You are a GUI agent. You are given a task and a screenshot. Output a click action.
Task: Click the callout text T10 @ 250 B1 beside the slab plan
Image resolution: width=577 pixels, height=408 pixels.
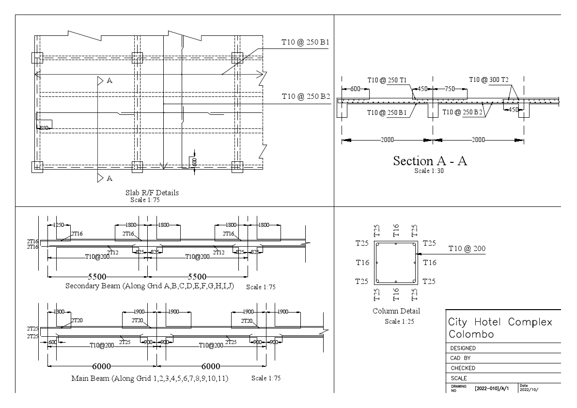point(305,43)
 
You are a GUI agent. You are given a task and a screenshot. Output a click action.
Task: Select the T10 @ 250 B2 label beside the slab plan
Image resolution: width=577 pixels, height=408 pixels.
point(305,97)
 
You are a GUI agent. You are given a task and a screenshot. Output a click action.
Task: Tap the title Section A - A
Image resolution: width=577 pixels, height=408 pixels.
point(430,161)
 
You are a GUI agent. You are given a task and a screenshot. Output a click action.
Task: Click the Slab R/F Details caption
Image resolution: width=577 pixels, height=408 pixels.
point(152,193)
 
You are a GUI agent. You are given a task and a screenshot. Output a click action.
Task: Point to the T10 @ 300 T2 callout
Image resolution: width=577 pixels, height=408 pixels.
point(492,79)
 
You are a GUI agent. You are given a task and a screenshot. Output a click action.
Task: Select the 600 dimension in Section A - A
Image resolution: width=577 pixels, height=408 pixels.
point(355,89)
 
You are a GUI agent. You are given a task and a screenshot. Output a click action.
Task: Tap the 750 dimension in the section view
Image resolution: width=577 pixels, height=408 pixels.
point(450,89)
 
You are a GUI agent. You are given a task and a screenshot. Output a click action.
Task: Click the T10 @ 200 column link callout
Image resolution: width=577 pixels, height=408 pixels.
point(467,249)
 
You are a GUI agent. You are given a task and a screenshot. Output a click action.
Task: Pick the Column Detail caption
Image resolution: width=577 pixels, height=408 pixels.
point(396,311)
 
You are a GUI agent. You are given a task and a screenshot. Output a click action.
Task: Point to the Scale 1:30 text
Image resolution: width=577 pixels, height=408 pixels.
point(429,171)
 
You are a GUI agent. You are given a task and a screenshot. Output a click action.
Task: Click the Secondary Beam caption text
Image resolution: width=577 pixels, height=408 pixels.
point(150,286)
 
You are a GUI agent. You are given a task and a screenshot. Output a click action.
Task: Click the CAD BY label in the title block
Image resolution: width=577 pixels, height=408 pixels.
point(460,358)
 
